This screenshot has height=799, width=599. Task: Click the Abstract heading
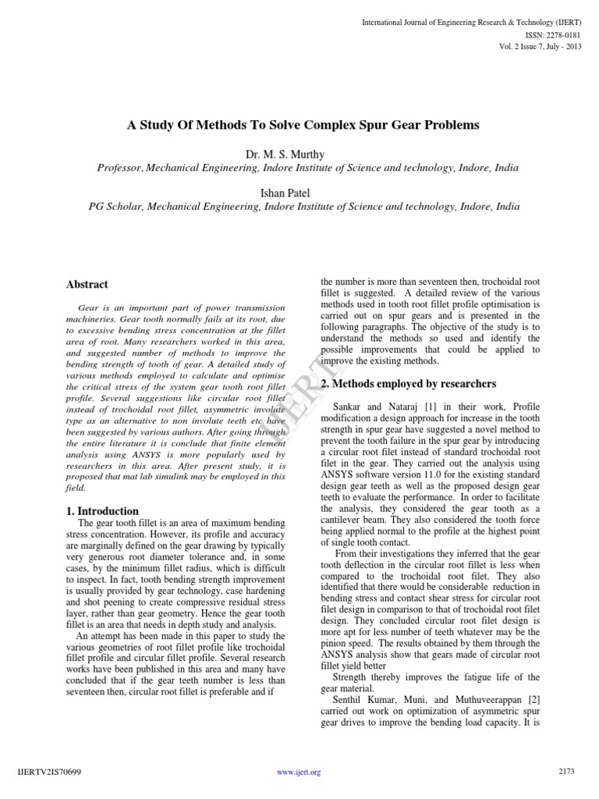[87, 285]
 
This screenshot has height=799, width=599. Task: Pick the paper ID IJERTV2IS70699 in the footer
[49, 772]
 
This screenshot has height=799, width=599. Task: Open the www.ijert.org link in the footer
[299, 772]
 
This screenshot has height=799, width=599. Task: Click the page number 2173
[566, 772]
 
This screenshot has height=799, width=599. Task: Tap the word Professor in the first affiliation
[119, 169]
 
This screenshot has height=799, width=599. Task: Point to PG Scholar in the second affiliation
[114, 207]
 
